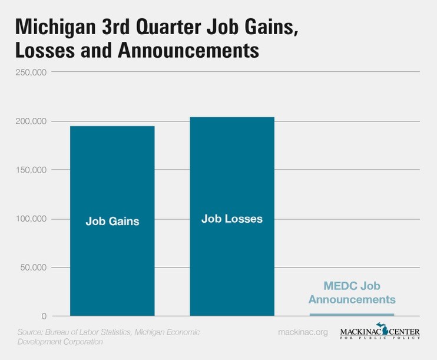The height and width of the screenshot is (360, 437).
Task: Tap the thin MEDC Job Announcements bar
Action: pos(352,315)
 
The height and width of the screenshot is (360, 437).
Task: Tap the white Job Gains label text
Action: pos(112,222)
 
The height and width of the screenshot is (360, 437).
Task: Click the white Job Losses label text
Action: pos(231,219)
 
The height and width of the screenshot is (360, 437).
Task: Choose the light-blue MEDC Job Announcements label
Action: pos(352,293)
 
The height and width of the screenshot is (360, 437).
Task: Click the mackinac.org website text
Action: pos(303,333)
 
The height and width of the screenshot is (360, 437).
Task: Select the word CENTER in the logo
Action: pos(401,332)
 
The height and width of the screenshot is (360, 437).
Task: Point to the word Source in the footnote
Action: pos(31,332)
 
